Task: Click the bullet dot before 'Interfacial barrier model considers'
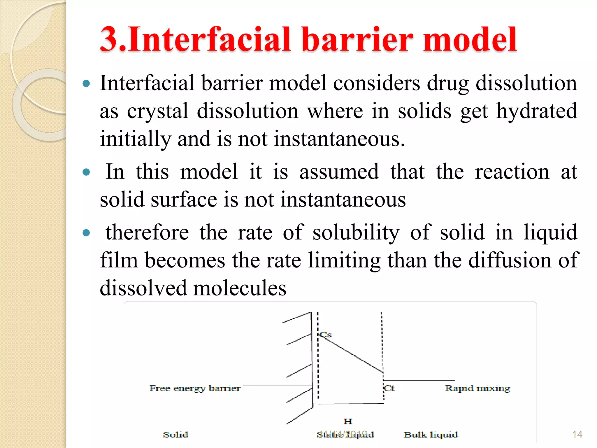(86, 84)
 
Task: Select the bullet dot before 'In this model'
(86, 172)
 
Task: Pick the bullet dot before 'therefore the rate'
(86, 233)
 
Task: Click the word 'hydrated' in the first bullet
(536, 111)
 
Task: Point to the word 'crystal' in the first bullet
(157, 111)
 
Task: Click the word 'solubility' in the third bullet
(356, 232)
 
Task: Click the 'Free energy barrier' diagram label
(195, 388)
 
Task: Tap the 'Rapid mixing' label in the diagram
(477, 388)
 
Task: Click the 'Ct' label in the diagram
(389, 388)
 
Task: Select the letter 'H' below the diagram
(348, 421)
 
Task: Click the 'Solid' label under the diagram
(175, 435)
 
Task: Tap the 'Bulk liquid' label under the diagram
(431, 435)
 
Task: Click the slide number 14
(577, 435)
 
